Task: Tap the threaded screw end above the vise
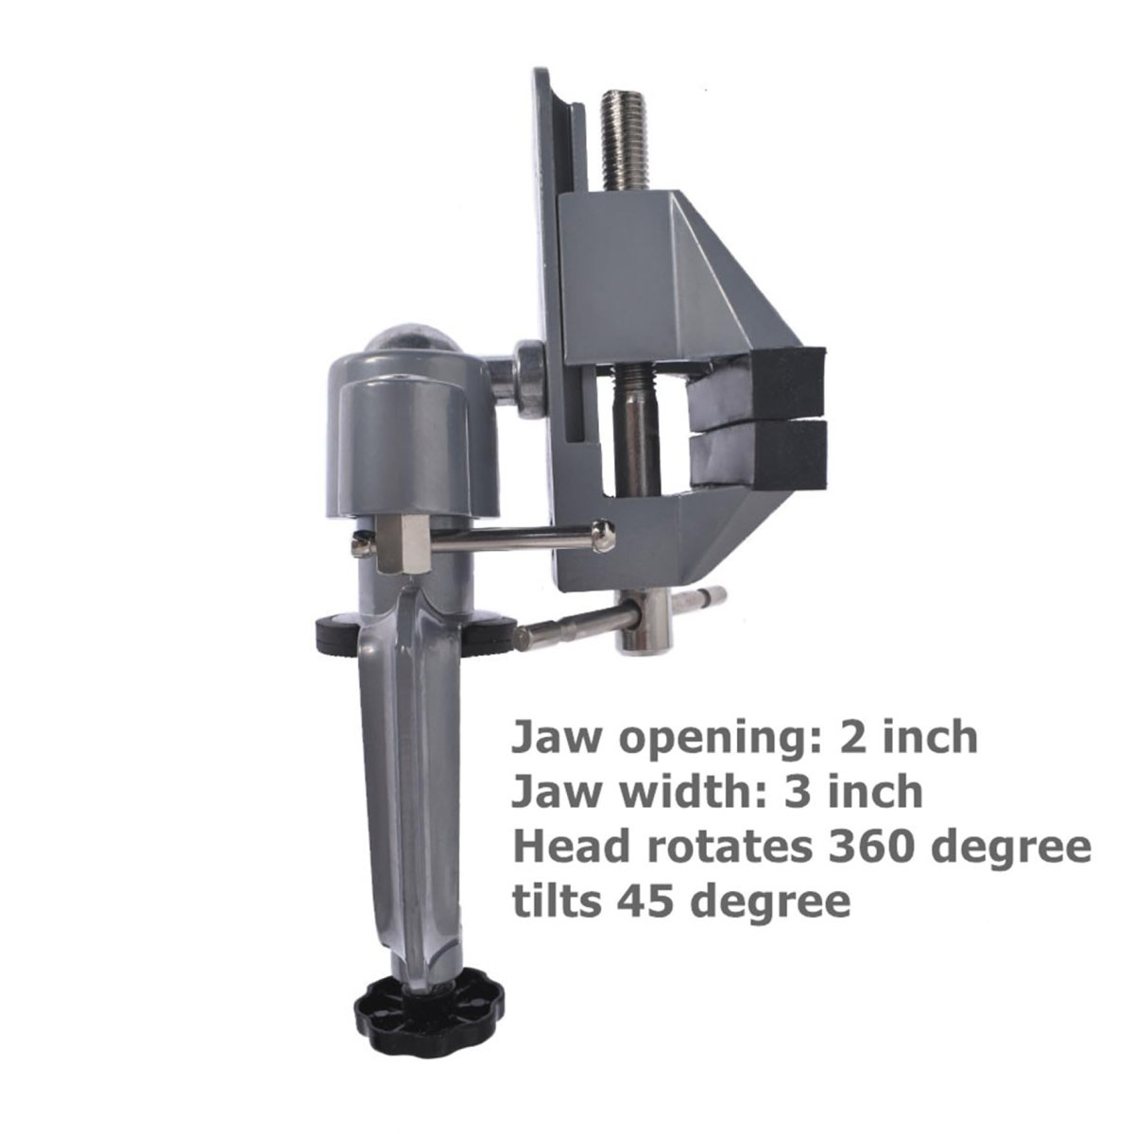[625, 140]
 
